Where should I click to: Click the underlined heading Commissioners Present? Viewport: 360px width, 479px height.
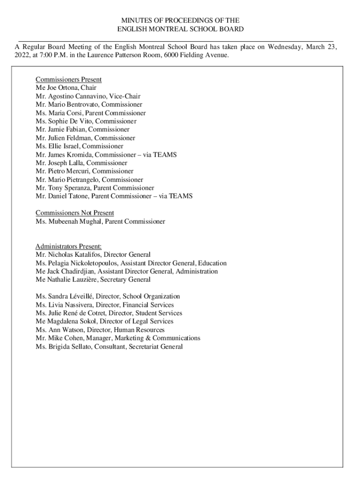click(x=68, y=80)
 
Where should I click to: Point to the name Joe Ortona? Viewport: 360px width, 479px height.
click(x=63, y=88)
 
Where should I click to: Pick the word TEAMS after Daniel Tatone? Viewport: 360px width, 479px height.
click(x=182, y=196)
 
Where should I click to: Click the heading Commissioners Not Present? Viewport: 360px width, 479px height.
click(x=75, y=213)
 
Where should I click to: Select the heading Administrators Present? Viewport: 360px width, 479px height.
click(x=68, y=247)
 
